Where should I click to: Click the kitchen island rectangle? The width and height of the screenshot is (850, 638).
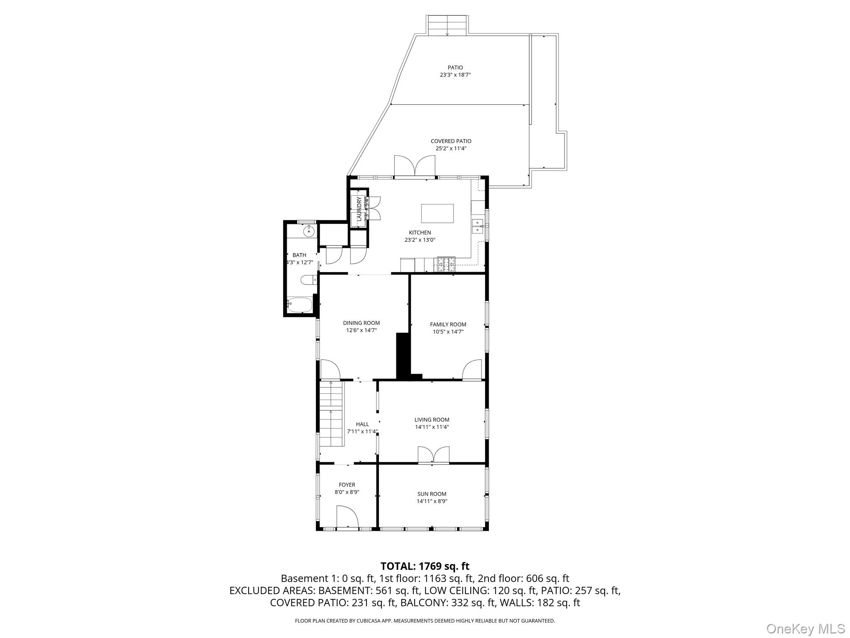(437, 213)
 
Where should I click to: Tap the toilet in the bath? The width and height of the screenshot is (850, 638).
(308, 280)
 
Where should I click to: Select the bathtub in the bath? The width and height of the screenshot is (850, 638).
(299, 305)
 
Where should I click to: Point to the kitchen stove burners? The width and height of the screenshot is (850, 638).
(445, 265)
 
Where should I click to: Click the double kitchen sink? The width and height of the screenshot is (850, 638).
(477, 226)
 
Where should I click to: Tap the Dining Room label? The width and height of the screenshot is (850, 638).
(361, 323)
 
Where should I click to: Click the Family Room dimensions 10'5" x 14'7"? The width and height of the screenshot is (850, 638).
(448, 331)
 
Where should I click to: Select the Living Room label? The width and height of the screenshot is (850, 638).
(432, 420)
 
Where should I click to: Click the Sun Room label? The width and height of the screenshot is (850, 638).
(432, 494)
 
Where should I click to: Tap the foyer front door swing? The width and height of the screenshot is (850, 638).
(347, 517)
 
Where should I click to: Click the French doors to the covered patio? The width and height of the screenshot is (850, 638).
(414, 166)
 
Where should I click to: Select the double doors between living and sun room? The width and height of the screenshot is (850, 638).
(433, 454)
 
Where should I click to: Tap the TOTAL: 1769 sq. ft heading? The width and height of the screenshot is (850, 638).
(425, 566)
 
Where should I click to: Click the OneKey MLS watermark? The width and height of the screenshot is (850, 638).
(805, 628)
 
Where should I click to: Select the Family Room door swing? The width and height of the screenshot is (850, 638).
(472, 370)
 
